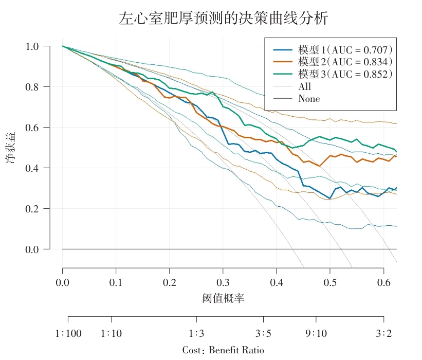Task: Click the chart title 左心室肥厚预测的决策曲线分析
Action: point(223,19)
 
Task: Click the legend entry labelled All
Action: point(305,86)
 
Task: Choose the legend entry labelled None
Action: point(309,99)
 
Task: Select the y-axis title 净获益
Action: point(11,148)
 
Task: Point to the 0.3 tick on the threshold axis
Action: point(223,283)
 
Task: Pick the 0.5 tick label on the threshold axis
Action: point(330,283)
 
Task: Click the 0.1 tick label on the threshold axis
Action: point(116,283)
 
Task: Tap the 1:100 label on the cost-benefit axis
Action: point(68,334)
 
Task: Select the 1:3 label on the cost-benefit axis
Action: point(196,334)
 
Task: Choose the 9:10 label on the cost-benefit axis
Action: point(316,334)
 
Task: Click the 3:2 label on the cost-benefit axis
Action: point(383,334)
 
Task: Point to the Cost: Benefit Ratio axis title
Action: point(223,350)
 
